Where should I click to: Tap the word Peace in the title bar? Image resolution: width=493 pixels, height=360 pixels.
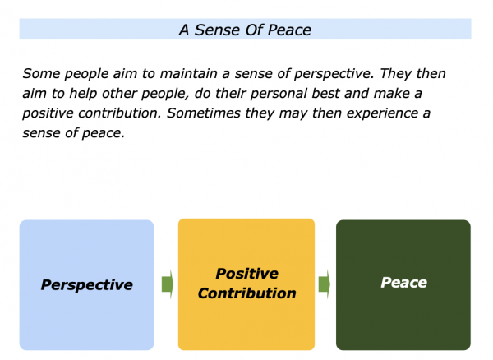tap(289, 30)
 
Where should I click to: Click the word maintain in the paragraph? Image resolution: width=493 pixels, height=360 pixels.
tap(188, 74)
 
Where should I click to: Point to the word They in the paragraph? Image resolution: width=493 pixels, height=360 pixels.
tap(395, 74)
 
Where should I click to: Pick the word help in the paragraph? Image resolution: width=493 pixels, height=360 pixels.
tap(83, 94)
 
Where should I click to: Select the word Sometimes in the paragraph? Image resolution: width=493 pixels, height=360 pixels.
tap(204, 113)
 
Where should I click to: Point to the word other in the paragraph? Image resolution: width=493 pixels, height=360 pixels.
tap(119, 94)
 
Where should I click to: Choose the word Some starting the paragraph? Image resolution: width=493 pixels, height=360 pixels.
tap(41, 74)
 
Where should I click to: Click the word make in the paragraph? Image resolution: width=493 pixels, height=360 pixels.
tap(391, 94)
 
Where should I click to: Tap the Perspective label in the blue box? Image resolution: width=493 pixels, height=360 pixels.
tap(87, 285)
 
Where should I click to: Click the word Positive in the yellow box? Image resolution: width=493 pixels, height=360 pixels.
tap(246, 274)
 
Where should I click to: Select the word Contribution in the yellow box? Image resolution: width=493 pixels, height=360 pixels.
tap(246, 293)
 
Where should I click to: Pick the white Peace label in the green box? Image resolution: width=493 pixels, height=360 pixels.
tap(403, 283)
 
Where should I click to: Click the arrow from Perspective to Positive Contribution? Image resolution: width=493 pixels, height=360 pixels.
tap(168, 284)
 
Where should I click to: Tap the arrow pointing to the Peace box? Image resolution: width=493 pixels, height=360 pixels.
tap(325, 284)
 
